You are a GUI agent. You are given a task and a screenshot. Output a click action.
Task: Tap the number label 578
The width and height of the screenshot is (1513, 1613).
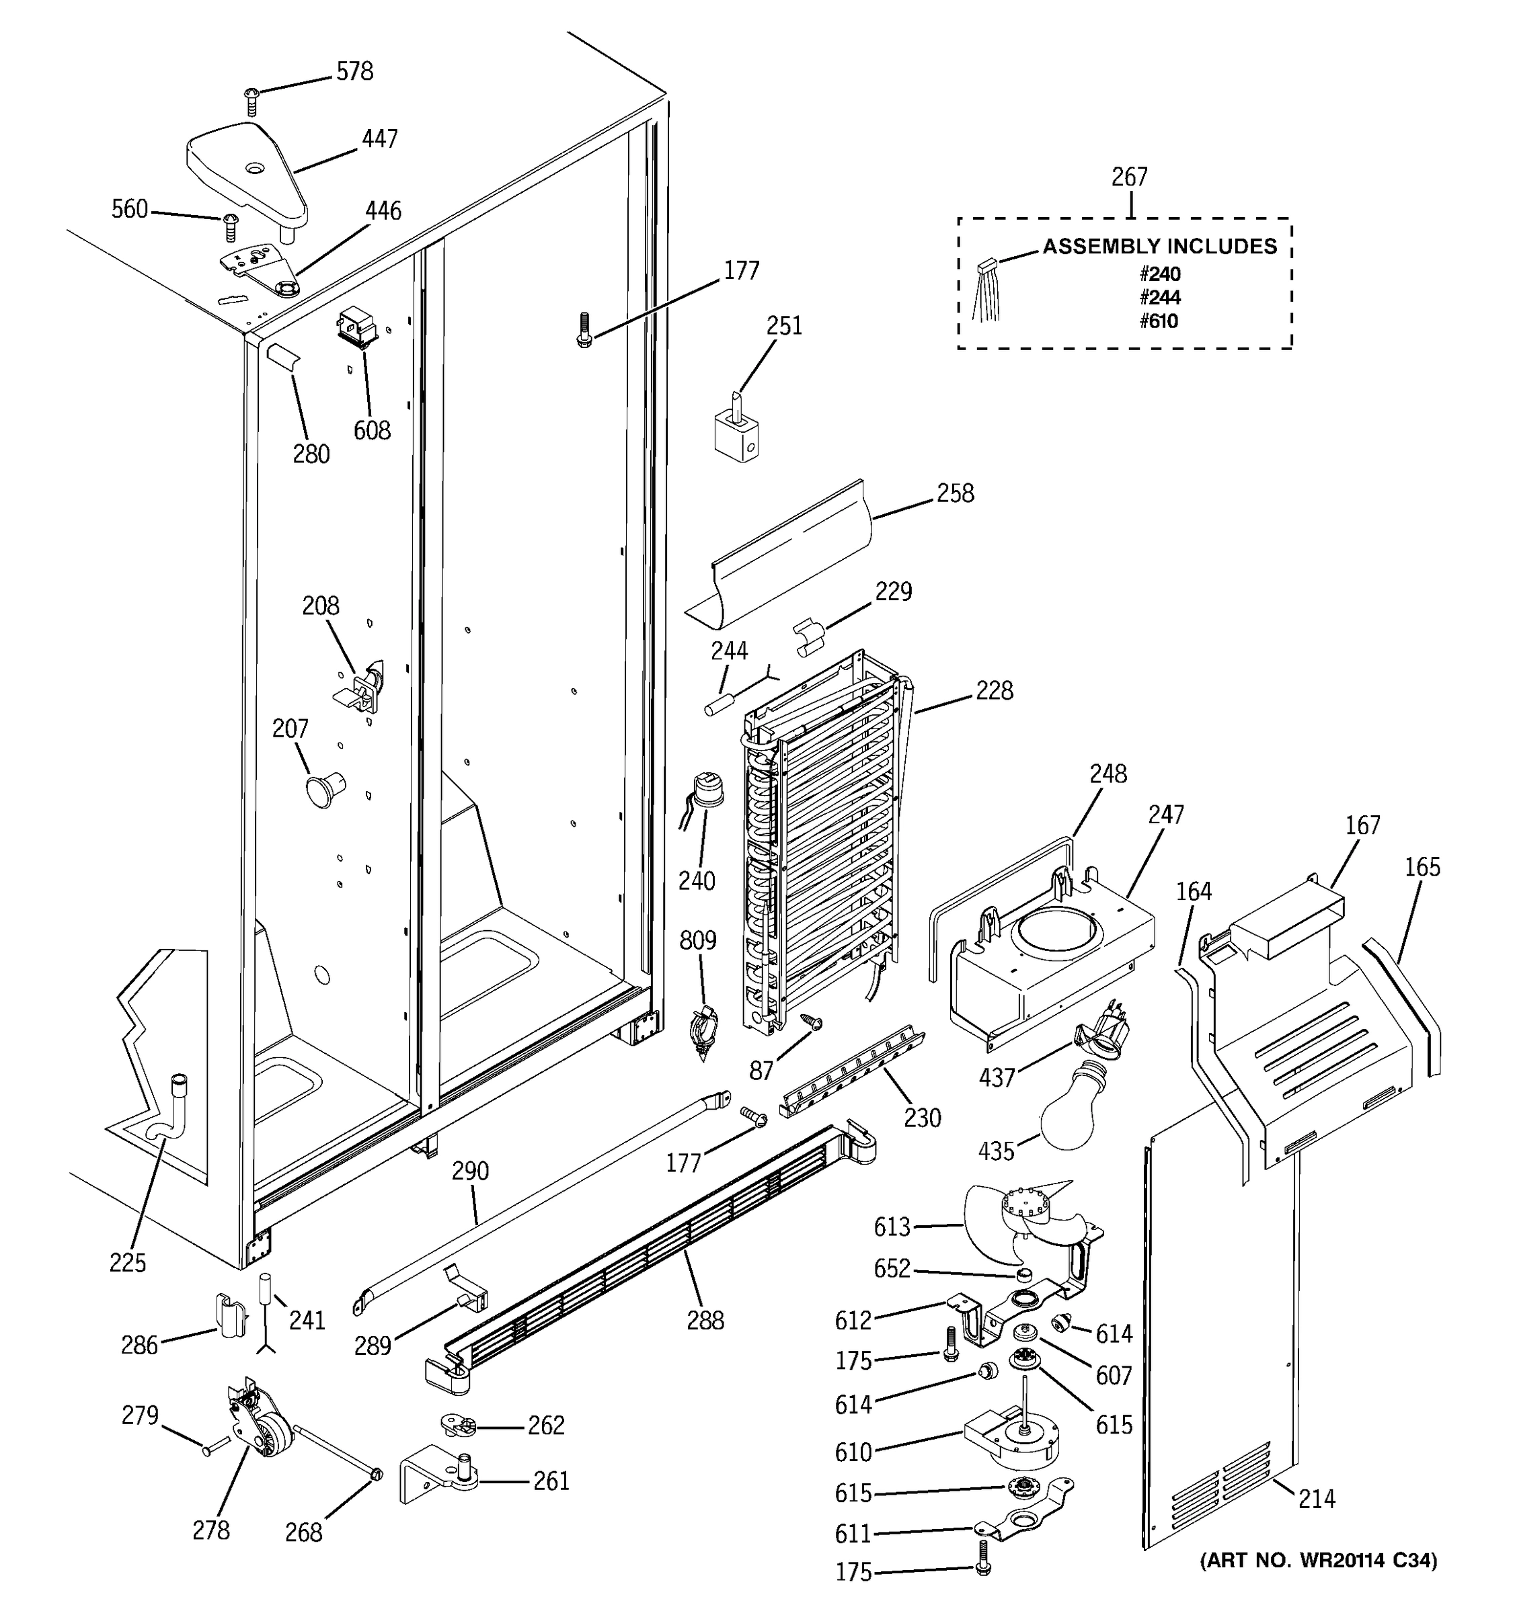click(x=354, y=71)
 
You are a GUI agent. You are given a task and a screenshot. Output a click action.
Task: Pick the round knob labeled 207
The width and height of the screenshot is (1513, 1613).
click(x=322, y=788)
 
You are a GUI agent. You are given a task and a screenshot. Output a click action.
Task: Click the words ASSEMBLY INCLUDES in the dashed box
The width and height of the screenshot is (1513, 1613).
click(x=1159, y=247)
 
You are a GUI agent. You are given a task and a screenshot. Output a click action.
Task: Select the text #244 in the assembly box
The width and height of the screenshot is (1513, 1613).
click(x=1159, y=298)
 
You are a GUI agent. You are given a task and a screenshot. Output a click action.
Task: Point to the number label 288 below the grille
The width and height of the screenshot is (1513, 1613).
click(x=705, y=1321)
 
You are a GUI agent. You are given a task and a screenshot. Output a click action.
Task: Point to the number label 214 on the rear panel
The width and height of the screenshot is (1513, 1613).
click(x=1316, y=1499)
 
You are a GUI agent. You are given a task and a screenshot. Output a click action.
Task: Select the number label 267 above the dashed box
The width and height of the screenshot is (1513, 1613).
click(x=1129, y=177)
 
